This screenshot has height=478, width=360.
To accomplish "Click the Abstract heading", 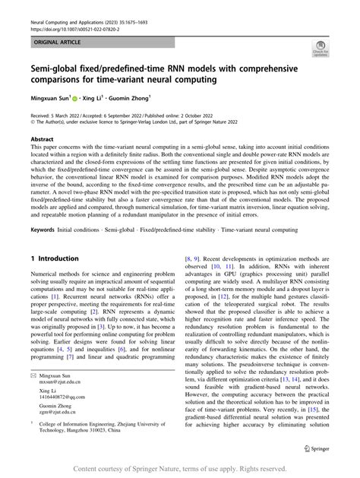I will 42,140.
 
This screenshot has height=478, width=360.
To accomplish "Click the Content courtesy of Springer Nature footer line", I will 180,469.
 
